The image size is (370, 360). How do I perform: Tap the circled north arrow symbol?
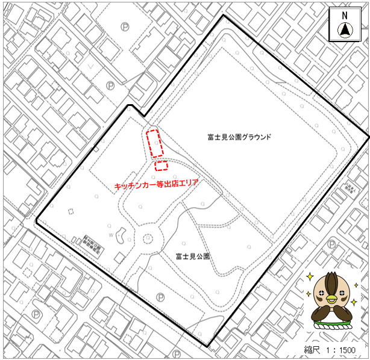(x=345, y=29)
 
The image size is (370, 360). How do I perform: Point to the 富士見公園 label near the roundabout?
(x=193, y=256)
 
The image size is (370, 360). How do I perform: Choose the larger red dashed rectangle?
(x=155, y=143)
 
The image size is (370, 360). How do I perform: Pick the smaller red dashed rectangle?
(x=161, y=166)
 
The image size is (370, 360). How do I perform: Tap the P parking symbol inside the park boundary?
(x=160, y=296)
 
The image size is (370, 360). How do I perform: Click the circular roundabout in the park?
(x=148, y=238)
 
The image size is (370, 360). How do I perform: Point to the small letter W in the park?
(x=111, y=235)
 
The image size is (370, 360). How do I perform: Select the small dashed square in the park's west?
(x=71, y=211)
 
